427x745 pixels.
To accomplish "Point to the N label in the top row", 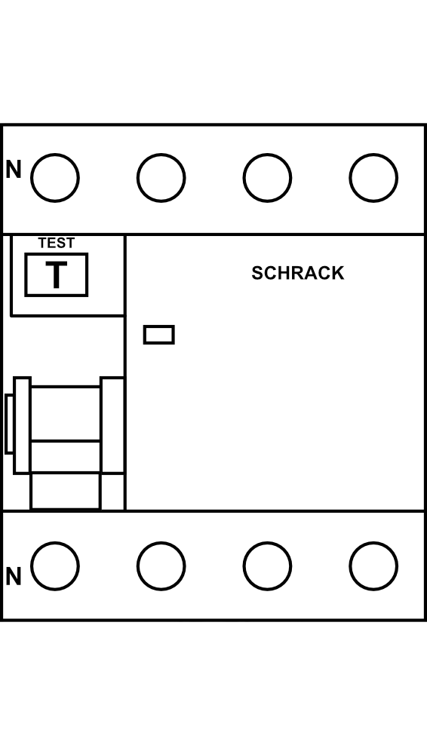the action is (x=14, y=170).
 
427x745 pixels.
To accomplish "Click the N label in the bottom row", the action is (x=14, y=577).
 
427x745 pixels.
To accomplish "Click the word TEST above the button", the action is (x=56, y=243).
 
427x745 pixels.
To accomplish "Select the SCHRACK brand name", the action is (x=298, y=273).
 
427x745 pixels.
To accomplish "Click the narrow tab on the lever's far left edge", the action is (x=8, y=424).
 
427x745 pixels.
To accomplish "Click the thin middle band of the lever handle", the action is (x=66, y=457).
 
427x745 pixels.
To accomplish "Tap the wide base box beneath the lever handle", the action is (x=66, y=492).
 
